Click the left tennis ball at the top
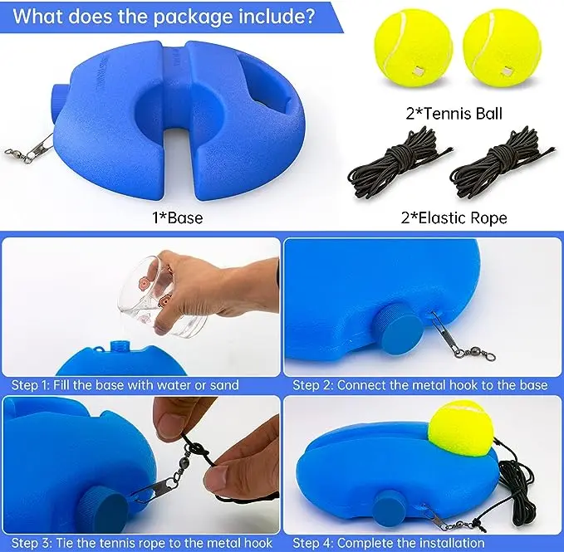pyautogui.click(x=413, y=48)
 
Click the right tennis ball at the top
pyautogui.click(x=502, y=48)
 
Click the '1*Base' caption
pyautogui.click(x=177, y=217)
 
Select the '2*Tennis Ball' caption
pyautogui.click(x=454, y=114)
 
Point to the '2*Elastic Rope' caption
pyautogui.click(x=454, y=217)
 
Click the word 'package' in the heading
pyautogui.click(x=195, y=17)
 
